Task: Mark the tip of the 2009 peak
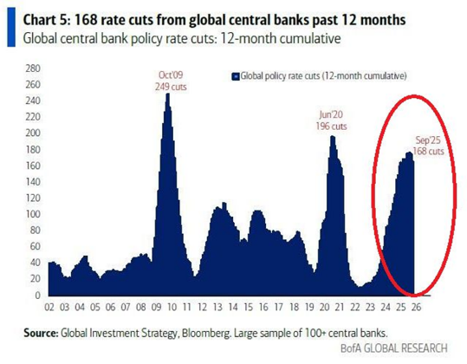pyautogui.click(x=167, y=94)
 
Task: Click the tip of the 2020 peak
pyautogui.click(x=331, y=136)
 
